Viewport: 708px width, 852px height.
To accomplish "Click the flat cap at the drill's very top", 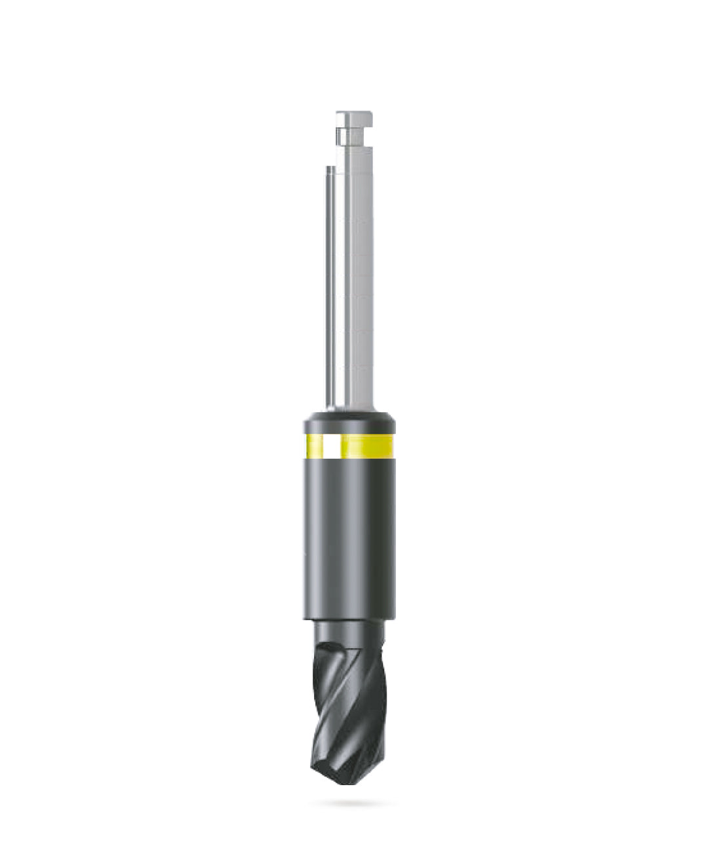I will coord(354,118).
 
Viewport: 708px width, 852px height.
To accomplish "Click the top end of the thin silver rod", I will coord(330,168).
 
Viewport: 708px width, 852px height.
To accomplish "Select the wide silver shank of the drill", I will coord(358,275).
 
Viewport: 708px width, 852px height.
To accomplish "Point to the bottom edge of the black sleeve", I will coord(349,617).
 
